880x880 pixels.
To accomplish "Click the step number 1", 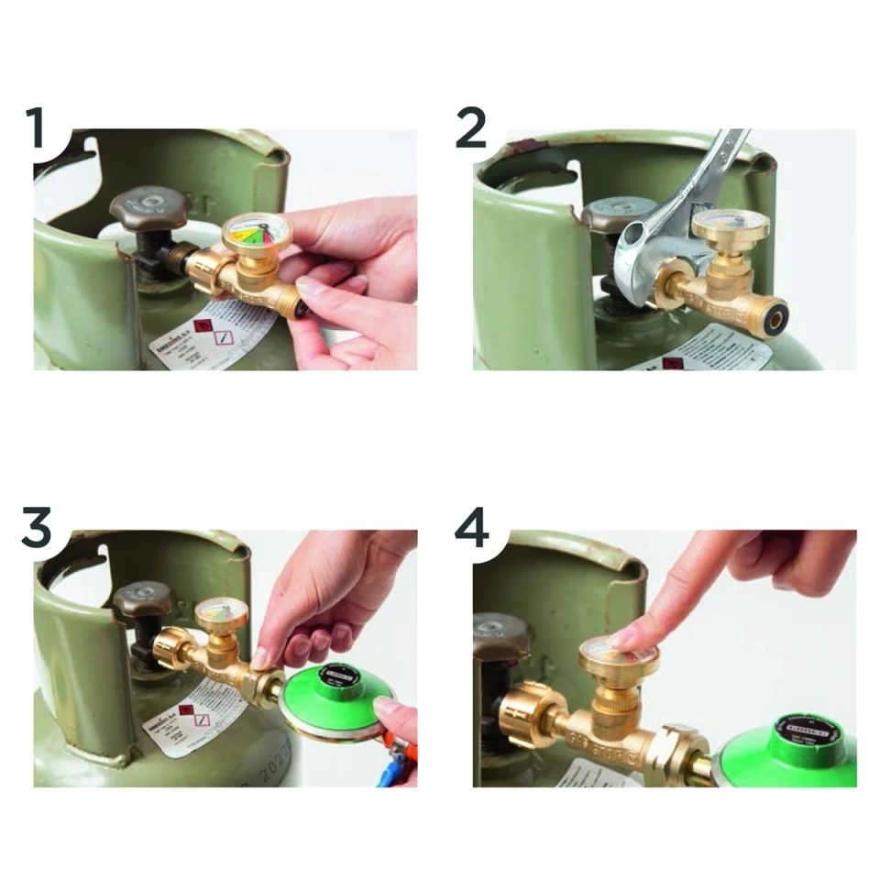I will click(36, 127).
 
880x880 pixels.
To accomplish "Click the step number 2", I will click(470, 127).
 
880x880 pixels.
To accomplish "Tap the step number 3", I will click(37, 529).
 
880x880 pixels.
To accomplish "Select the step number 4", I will click(472, 529).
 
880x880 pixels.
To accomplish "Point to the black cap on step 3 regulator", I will click(338, 677).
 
